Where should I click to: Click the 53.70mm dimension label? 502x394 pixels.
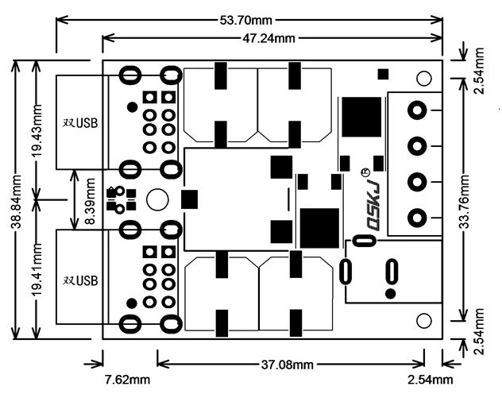(245, 21)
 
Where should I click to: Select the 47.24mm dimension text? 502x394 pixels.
(268, 38)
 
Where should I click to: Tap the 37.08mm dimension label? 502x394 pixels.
(288, 365)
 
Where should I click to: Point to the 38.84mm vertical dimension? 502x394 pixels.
(16, 201)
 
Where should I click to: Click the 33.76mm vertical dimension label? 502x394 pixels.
(464, 201)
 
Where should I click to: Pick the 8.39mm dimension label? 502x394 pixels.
(90, 201)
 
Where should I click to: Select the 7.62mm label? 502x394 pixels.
(127, 380)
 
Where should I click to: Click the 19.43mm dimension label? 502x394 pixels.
(37, 130)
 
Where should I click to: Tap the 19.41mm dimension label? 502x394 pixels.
(37, 270)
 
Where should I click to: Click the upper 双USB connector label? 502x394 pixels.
(80, 123)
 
